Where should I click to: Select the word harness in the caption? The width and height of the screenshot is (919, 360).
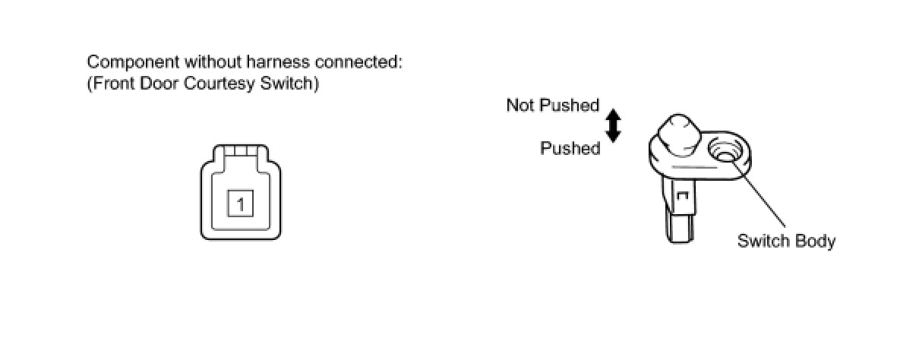coord(257,62)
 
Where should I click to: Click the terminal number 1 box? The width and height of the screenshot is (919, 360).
coord(240,204)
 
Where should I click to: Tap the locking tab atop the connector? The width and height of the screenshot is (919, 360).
coord(240,151)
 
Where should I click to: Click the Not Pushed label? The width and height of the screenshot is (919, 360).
coord(553,106)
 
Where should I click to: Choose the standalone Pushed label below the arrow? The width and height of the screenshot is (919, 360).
coord(570,148)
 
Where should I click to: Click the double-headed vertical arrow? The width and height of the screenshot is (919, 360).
coord(614,125)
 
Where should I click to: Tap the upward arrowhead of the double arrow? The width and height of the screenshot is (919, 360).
coord(614,114)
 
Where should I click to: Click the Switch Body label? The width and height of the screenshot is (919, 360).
coord(786,242)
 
